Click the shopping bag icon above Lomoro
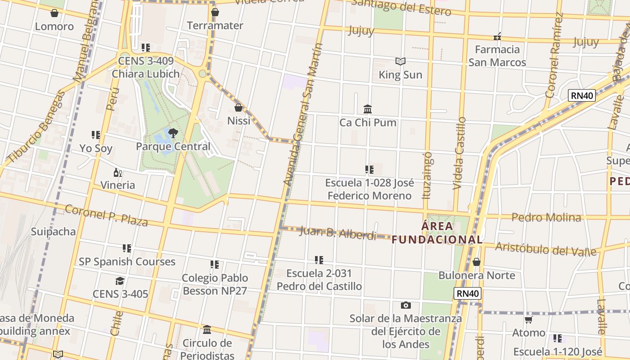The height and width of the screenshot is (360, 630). point(54,13)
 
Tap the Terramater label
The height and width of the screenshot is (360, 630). point(215,26)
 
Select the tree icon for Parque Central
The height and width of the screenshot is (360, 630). point(173,133)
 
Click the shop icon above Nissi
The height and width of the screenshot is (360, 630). point(238,108)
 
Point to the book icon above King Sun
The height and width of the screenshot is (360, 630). point(400,61)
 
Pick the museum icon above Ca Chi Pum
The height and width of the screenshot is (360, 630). point(368,109)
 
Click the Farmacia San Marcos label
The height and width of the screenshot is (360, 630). point(497,56)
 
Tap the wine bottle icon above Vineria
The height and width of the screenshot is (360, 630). point(118,172)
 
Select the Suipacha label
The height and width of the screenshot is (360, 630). point(53,232)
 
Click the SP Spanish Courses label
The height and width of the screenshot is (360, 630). point(127,261)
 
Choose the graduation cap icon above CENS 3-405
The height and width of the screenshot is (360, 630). point(120,281)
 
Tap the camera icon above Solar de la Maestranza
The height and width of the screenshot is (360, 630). point(405,306)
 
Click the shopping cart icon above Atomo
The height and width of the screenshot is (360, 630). point(529,320)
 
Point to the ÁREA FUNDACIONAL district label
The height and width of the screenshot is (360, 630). point(436,233)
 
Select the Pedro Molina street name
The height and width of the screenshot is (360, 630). point(546,217)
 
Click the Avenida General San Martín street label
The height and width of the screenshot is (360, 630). point(303,115)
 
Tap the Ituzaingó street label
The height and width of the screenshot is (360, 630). point(427,175)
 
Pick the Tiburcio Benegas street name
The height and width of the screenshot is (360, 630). point(36,127)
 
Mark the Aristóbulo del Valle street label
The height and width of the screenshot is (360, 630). point(546,249)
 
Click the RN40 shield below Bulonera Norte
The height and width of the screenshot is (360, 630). point(468,293)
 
